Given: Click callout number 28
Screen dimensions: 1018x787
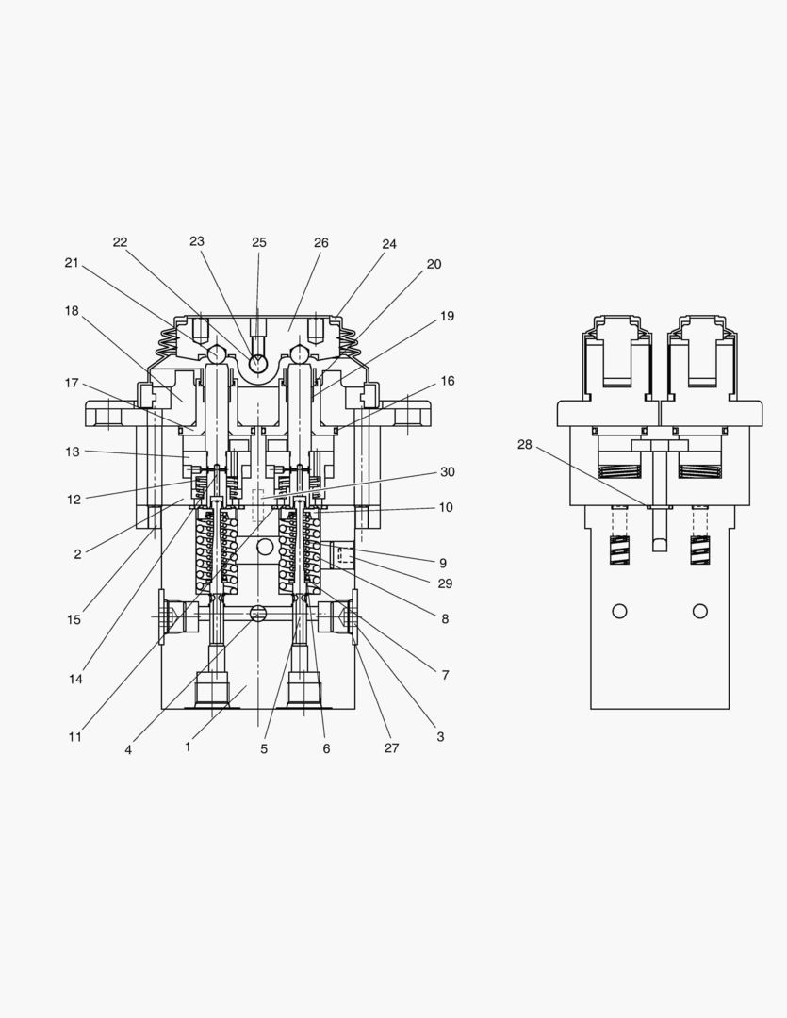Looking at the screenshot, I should (525, 444).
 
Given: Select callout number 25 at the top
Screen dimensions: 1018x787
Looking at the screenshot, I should (259, 243).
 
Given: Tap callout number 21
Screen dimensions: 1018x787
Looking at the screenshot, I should (72, 263).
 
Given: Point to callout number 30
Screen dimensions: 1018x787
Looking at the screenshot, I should (447, 472).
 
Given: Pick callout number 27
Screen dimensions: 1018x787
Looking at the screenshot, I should (391, 748).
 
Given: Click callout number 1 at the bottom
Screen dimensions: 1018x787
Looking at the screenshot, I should (188, 747).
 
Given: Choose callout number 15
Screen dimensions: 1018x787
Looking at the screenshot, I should (74, 620).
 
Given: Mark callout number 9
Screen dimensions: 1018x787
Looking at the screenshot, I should (442, 563).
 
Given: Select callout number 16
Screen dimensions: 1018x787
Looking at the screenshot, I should (447, 381).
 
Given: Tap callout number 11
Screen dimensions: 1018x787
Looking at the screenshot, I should (74, 737).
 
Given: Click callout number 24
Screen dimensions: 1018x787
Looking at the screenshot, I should (389, 244).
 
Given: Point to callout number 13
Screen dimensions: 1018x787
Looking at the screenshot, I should (74, 452).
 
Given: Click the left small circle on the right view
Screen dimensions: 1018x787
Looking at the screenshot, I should (619, 611).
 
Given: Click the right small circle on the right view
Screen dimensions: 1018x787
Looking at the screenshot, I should (699, 611).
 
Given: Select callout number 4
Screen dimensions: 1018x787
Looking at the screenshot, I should (128, 750).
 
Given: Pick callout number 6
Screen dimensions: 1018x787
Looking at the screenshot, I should (326, 749).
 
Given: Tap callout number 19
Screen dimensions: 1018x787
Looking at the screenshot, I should (447, 316).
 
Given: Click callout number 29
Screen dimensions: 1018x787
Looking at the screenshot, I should (445, 583).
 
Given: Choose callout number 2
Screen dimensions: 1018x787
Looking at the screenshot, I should (77, 554).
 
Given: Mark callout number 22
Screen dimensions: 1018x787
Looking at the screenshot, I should (120, 242).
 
